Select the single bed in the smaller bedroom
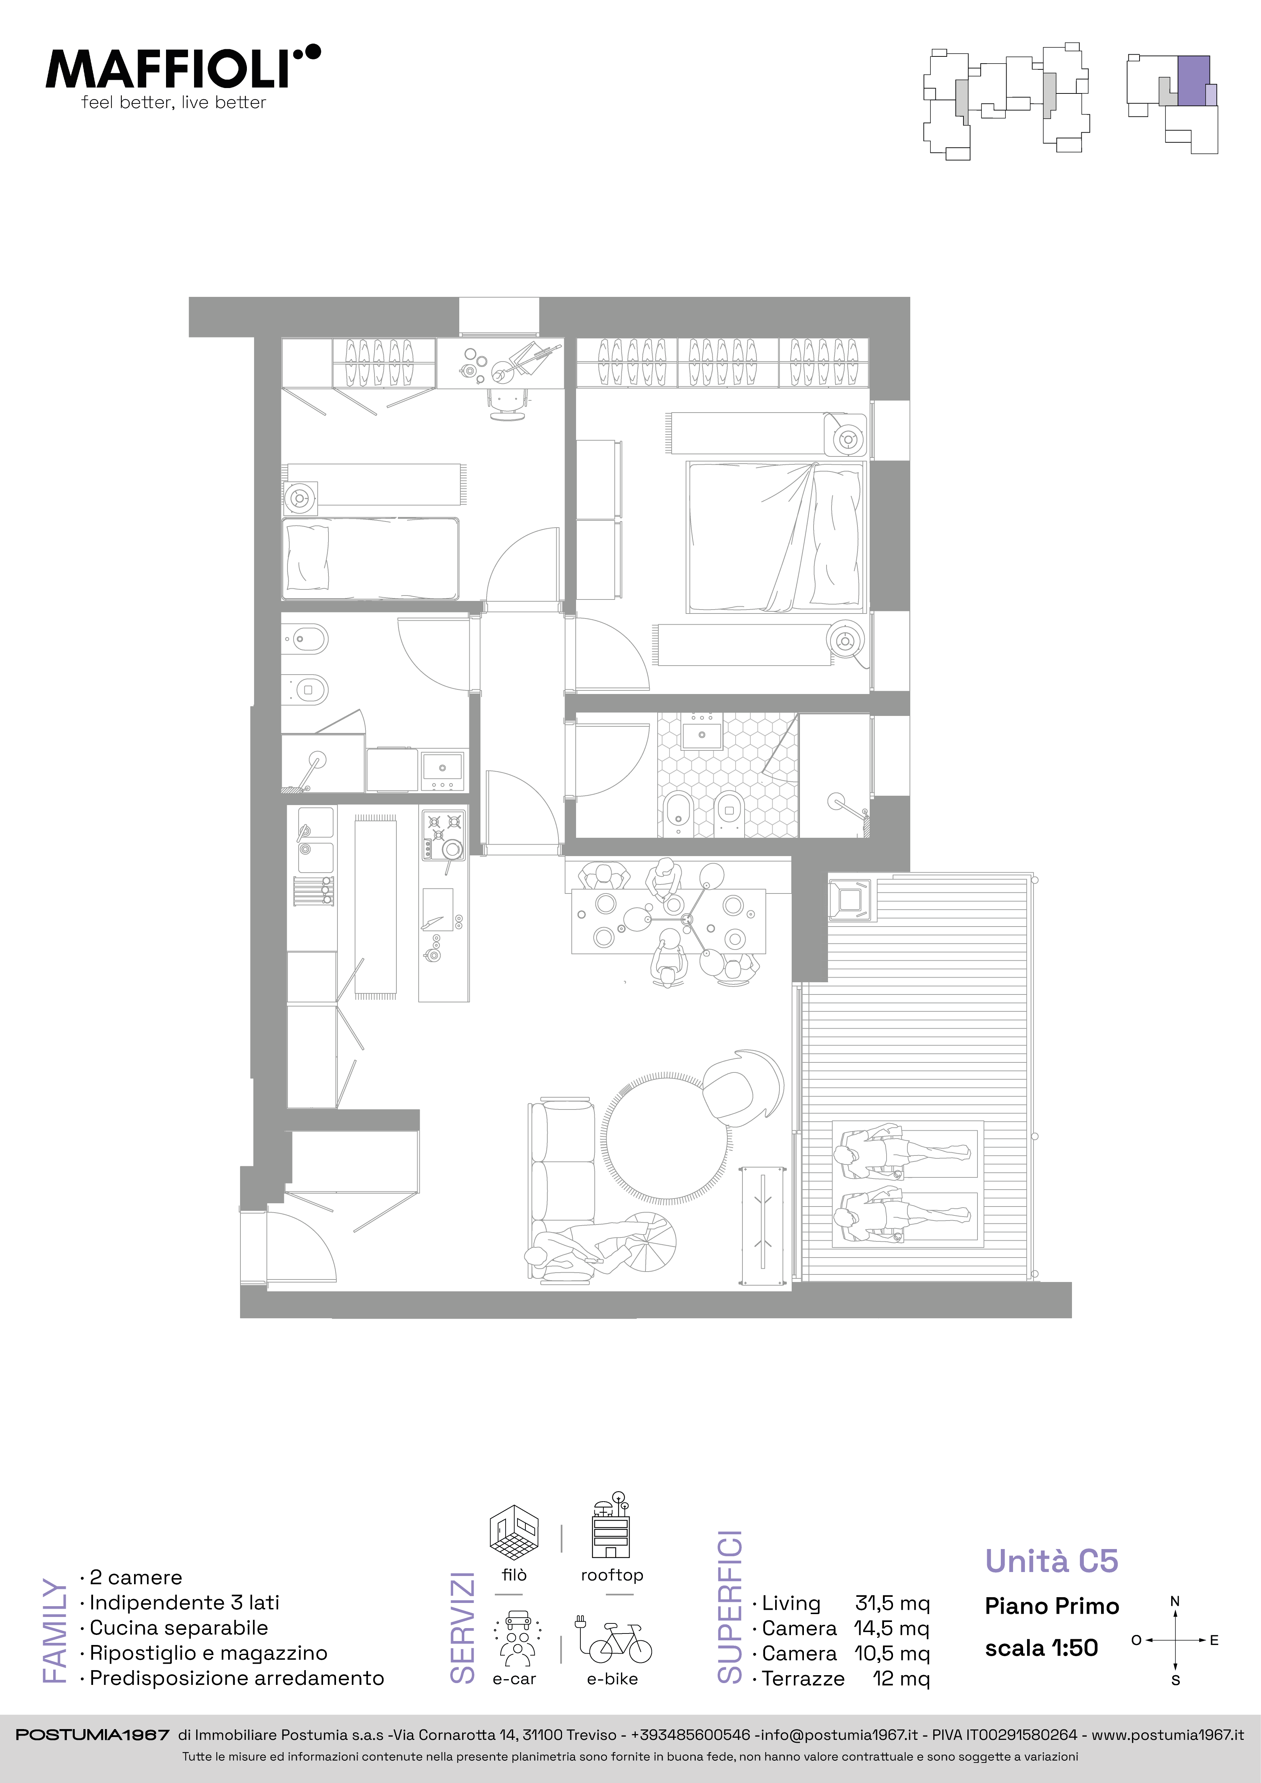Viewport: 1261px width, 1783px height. coord(371,559)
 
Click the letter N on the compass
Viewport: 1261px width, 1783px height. coord(1175,1600)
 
